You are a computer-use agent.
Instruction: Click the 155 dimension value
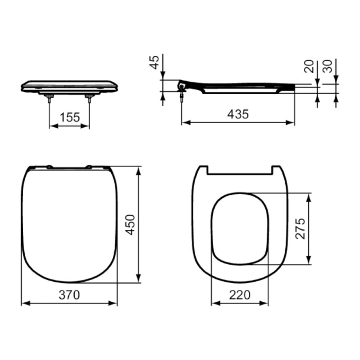click(x=70, y=117)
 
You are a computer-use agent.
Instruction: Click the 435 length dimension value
click(x=238, y=114)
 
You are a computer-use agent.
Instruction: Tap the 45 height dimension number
click(x=155, y=62)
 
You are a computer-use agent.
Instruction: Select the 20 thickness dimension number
click(x=309, y=66)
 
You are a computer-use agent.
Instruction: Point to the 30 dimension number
click(x=328, y=66)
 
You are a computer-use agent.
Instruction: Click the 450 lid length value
click(x=130, y=225)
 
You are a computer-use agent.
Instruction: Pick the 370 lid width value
click(x=69, y=295)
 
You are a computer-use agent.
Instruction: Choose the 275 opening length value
click(x=300, y=229)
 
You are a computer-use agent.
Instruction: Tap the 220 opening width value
click(x=239, y=295)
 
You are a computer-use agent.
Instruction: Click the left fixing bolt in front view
click(x=49, y=98)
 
